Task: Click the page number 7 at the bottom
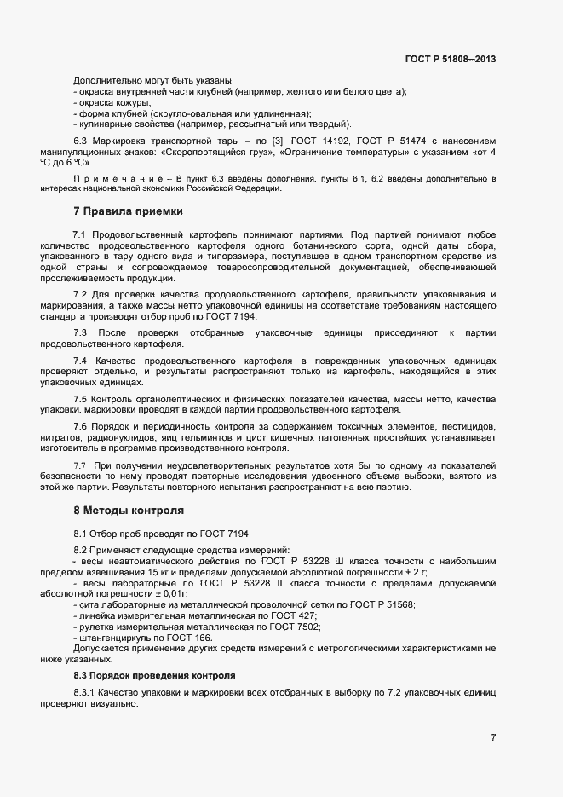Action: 493,737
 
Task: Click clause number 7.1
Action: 79,233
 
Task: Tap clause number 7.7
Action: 81,465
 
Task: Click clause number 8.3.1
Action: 88,692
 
